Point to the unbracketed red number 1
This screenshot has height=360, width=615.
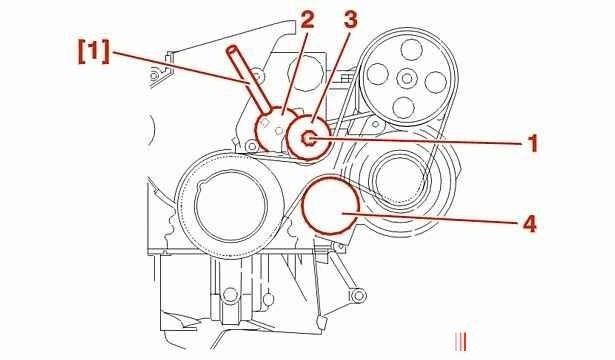click(x=533, y=143)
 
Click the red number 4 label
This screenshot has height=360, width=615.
click(x=529, y=224)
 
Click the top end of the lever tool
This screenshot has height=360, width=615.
click(x=232, y=49)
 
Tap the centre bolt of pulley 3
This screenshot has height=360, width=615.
click(x=308, y=138)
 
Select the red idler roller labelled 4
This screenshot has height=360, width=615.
click(x=330, y=205)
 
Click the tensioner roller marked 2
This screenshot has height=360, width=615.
click(x=275, y=128)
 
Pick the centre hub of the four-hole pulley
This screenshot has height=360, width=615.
click(x=406, y=78)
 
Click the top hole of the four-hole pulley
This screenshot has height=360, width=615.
click(x=411, y=49)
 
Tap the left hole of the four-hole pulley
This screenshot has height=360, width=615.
click(x=377, y=74)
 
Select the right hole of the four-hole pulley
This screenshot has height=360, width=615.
click(x=436, y=82)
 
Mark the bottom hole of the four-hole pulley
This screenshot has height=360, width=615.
click(x=403, y=107)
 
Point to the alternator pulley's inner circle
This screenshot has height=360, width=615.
click(x=400, y=178)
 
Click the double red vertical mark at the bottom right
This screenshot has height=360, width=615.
click(x=461, y=342)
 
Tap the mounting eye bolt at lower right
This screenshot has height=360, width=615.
click(x=357, y=296)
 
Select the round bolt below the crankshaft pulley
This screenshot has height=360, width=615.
click(x=231, y=295)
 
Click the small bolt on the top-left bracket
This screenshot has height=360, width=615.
click(x=155, y=74)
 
